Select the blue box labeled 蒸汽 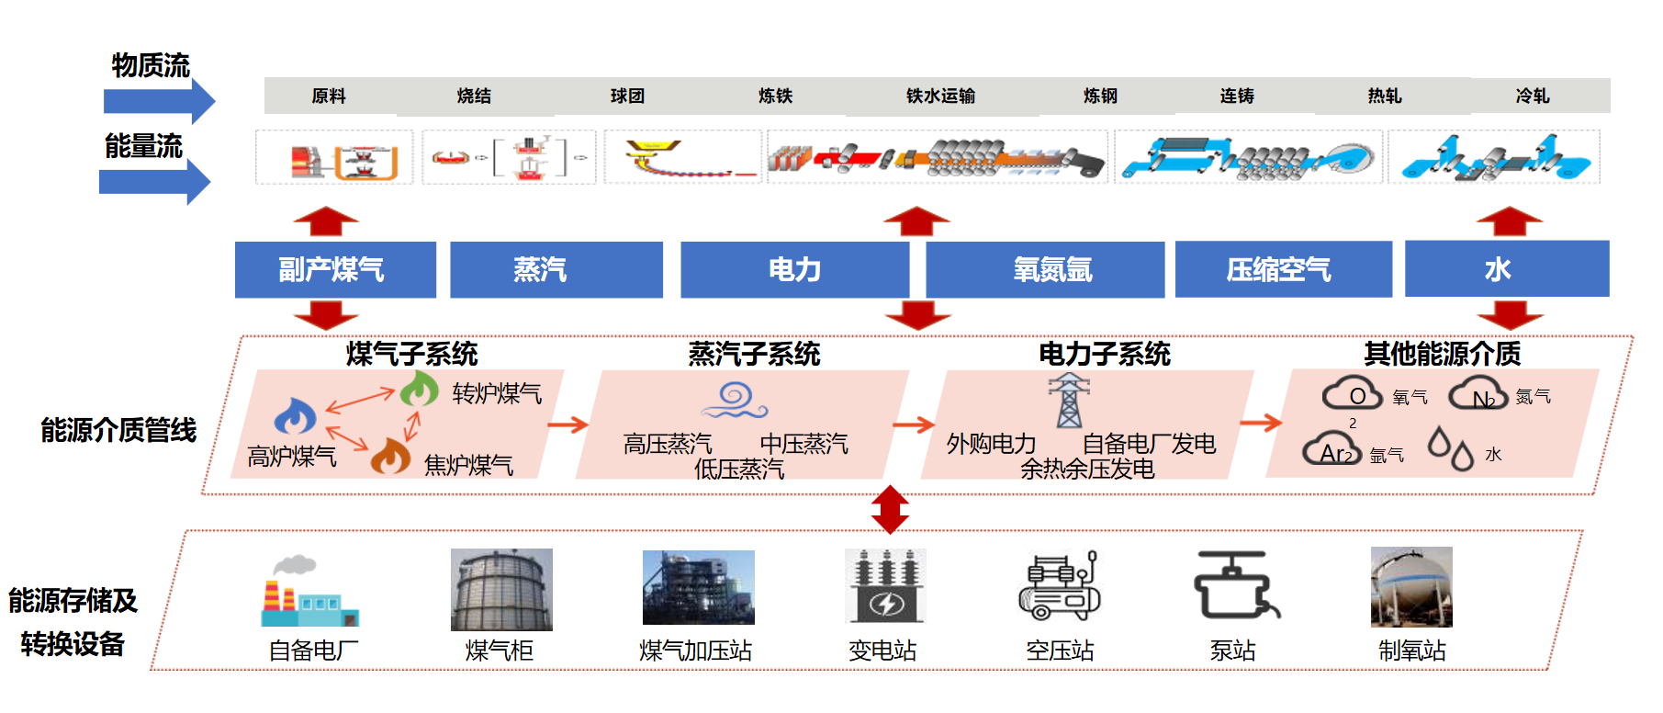[556, 269]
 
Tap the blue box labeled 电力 [794, 269]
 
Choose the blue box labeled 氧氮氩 [1045, 269]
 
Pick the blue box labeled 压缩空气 [1283, 269]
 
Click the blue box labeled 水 [1506, 269]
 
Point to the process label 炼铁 [775, 96]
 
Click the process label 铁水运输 [940, 96]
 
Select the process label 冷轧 [1532, 96]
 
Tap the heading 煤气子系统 [412, 354]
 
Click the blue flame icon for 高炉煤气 [295, 417]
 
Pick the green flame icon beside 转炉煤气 [419, 389]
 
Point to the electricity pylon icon [1069, 401]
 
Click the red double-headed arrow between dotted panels [890, 509]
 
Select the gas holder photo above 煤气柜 [501, 589]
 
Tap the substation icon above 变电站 [885, 586]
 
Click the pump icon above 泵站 [1235, 585]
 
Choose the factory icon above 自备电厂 [308, 593]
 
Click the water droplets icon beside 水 [1450, 447]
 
